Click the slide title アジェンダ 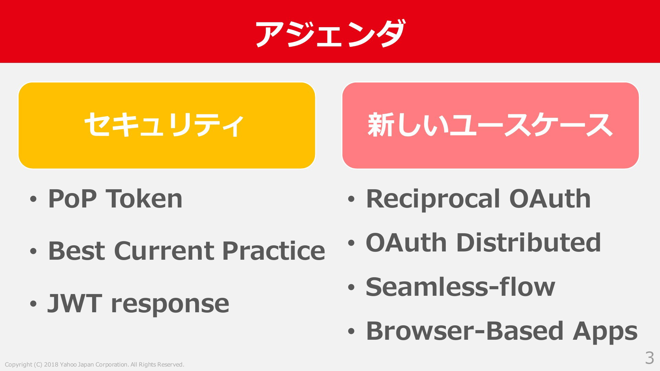point(330,33)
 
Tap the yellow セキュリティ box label point(164,125)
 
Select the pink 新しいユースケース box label point(490,125)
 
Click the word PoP point(72,199)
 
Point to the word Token point(144,199)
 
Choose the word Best point(76,251)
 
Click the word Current point(163,251)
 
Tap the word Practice point(274,251)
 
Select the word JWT point(75,303)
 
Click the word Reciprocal point(433,199)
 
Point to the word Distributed point(528,242)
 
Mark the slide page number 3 point(649,358)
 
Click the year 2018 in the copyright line point(51,364)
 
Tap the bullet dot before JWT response point(33,304)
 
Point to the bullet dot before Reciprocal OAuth point(351,199)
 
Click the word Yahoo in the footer point(68,364)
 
